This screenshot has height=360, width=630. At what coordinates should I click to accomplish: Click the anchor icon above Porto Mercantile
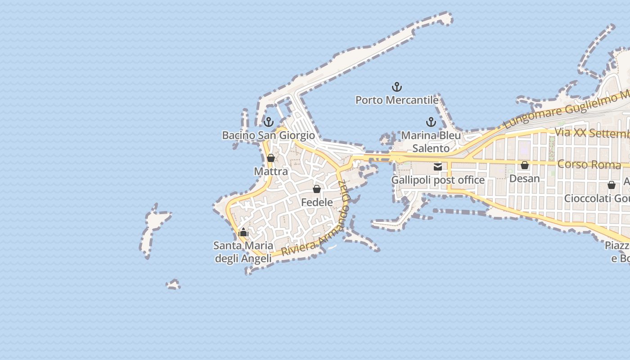pyautogui.click(x=396, y=87)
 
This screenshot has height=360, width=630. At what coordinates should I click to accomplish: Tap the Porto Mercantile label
pyautogui.click(x=396, y=100)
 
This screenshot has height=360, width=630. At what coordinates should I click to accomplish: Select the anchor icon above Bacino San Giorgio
pyautogui.click(x=268, y=122)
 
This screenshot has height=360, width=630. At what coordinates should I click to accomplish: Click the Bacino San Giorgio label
pyautogui.click(x=268, y=135)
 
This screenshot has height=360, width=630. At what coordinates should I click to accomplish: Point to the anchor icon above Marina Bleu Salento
pyautogui.click(x=431, y=122)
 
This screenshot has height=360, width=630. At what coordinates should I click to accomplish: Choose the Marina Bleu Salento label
pyautogui.click(x=431, y=142)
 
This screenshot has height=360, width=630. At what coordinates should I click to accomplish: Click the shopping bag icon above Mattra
pyautogui.click(x=270, y=158)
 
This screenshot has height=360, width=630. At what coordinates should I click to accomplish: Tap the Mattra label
pyautogui.click(x=270, y=171)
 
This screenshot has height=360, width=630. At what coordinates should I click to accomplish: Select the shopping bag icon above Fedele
pyautogui.click(x=317, y=189)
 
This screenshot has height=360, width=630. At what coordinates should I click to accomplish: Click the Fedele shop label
pyautogui.click(x=317, y=202)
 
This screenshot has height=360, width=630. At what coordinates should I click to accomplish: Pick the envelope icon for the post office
pyautogui.click(x=437, y=167)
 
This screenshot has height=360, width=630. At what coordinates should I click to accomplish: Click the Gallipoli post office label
pyautogui.click(x=437, y=180)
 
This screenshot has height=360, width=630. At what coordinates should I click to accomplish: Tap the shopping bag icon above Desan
pyautogui.click(x=524, y=165)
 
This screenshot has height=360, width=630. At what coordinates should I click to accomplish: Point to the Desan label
pyautogui.click(x=524, y=179)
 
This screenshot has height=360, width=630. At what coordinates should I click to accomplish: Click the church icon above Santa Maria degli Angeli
pyautogui.click(x=243, y=232)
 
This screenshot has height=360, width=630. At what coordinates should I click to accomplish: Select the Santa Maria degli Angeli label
pyautogui.click(x=243, y=252)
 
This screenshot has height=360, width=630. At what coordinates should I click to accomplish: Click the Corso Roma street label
pyautogui.click(x=589, y=164)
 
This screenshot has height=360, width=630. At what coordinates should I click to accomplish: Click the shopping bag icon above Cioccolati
pyautogui.click(x=611, y=185)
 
